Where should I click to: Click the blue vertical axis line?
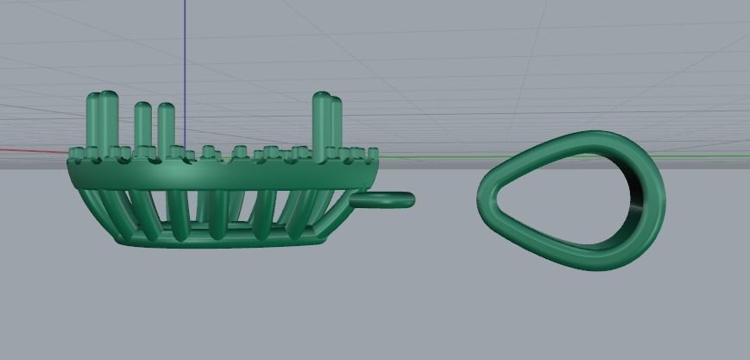click(x=183, y=52)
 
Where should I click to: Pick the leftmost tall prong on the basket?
click(x=93, y=121)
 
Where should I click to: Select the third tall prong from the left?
click(x=142, y=125)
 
